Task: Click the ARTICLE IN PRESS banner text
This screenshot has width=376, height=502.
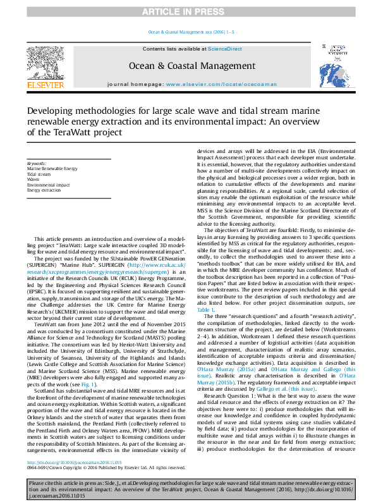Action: pos(188,12)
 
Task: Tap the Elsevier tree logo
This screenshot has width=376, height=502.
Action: pos(45,62)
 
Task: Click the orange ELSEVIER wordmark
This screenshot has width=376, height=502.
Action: pos(45,85)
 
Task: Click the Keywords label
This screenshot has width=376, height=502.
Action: pos(37,164)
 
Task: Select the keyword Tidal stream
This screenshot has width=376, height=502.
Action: pos(39,174)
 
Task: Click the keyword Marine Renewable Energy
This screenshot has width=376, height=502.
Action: pos(52,169)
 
